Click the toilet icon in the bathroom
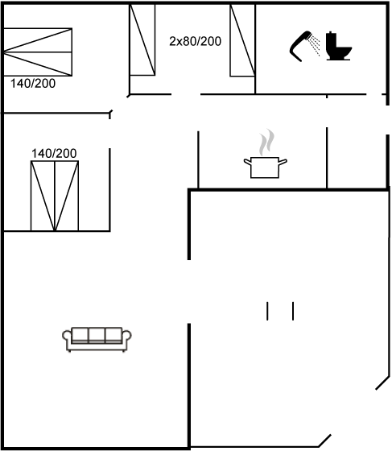[x=339, y=46]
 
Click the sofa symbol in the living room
[x=97, y=339]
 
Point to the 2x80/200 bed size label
[x=195, y=41]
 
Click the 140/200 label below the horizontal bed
[x=33, y=84]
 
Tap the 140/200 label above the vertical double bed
[x=54, y=153]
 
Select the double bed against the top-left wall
[x=38, y=52]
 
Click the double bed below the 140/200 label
[x=55, y=196]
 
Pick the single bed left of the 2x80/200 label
[x=142, y=39]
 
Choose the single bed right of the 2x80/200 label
[x=242, y=40]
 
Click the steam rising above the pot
[x=266, y=142]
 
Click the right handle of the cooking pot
[x=283, y=162]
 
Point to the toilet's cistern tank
[x=332, y=39]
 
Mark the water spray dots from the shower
[x=315, y=45]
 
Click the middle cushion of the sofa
[x=97, y=334]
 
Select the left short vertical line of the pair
[x=267, y=311]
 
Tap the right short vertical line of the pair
[x=293, y=311]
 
